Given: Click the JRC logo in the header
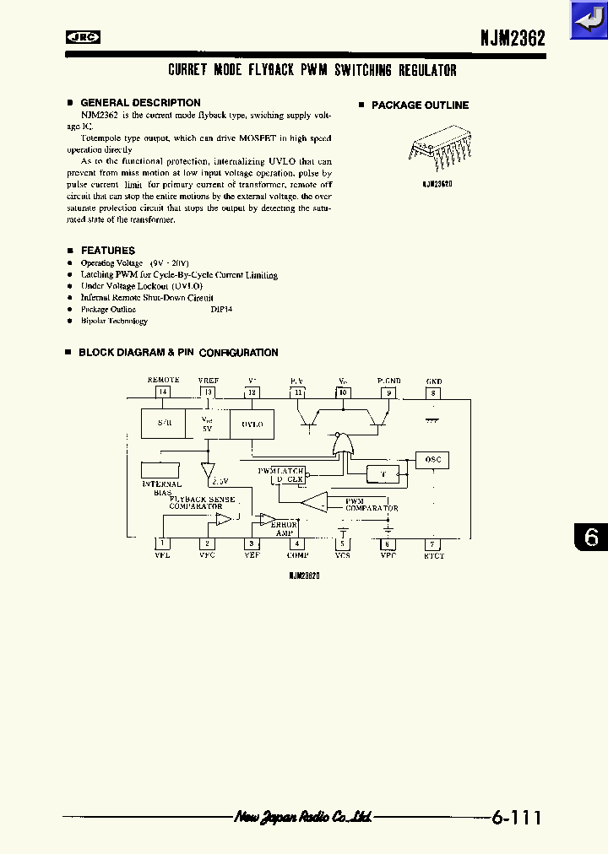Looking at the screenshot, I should (84, 36).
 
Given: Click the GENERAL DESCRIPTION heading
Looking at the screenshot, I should (140, 103).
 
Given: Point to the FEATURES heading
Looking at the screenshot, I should (107, 251).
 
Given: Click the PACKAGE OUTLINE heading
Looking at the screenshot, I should (420, 105).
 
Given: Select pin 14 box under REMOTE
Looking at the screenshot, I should (163, 392).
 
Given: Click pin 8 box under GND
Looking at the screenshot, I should (433, 392).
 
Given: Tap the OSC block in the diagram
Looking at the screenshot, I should (432, 460).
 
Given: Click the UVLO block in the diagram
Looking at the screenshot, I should (252, 424).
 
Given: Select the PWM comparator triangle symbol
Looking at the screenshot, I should (315, 503).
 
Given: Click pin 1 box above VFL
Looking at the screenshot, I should (163, 544).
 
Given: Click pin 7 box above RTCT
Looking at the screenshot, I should (433, 544).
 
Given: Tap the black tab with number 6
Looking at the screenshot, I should (590, 538).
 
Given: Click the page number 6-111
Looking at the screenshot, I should (516, 817).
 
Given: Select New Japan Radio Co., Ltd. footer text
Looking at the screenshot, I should (303, 817).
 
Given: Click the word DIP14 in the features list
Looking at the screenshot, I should (221, 310).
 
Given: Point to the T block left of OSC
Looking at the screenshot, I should (383, 474).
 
